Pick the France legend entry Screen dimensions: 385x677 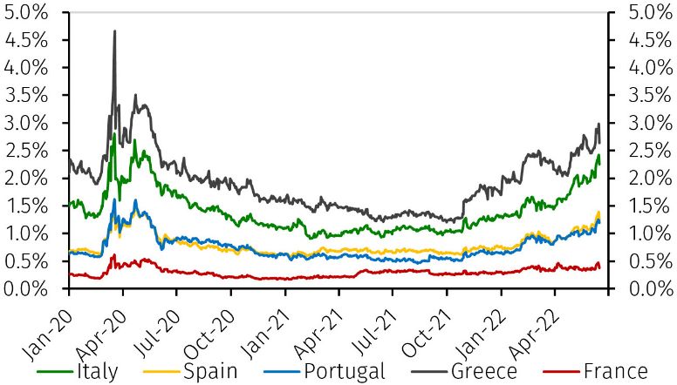click(615, 371)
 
